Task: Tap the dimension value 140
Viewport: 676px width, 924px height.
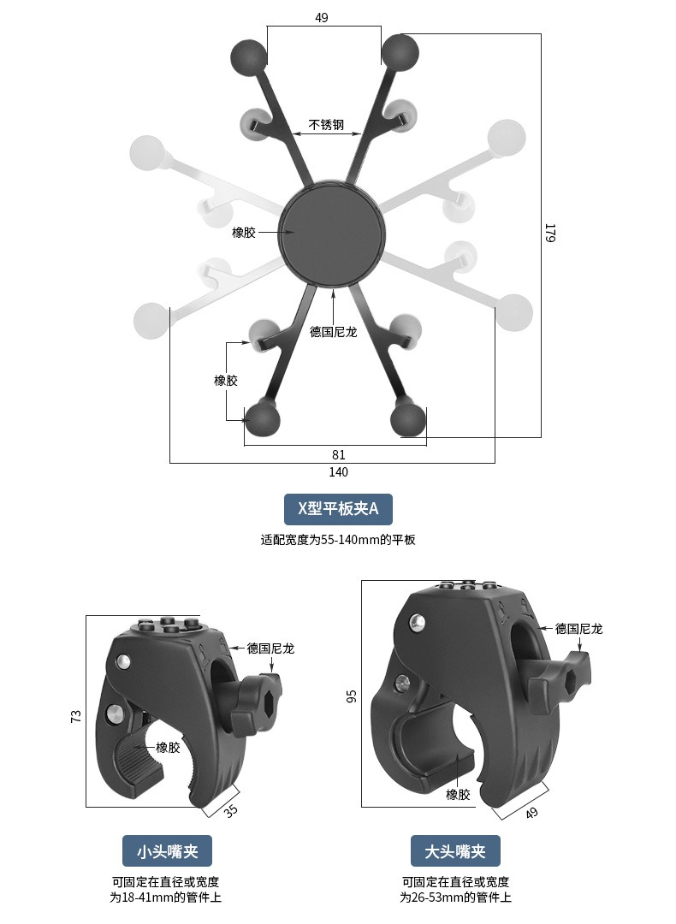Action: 338,472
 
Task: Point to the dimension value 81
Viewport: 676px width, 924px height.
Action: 338,454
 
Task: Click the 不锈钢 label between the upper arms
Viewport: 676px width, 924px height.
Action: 326,124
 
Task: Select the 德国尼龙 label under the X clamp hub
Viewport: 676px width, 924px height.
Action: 334,332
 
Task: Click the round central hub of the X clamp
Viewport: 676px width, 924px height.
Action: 332,234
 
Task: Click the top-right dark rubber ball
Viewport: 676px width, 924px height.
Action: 400,50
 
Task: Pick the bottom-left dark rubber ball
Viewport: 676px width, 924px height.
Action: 262,418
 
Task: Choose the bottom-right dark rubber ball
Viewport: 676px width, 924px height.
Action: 408,418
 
